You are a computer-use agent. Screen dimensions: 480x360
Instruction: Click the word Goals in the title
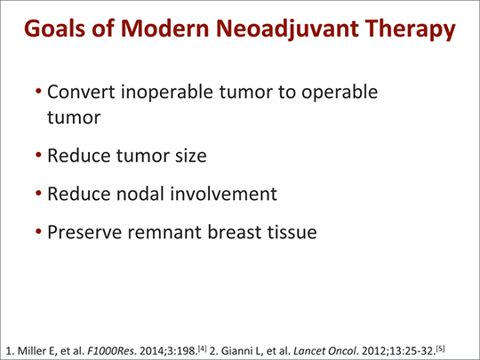point(54,28)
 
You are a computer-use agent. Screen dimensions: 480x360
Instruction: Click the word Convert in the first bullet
point(81,92)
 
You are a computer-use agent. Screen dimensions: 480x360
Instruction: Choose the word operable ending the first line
point(340,92)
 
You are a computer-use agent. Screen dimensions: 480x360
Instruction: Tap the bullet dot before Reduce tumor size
point(38,155)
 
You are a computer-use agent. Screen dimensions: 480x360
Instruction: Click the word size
point(191,156)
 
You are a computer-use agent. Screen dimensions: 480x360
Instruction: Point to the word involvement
point(223,194)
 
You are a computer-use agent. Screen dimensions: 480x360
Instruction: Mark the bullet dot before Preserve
point(38,231)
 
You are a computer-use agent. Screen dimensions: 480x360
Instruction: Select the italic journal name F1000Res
point(110,350)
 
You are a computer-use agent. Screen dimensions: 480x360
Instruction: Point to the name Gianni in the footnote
point(237,350)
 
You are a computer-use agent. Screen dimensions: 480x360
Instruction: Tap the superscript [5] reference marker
point(440,348)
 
